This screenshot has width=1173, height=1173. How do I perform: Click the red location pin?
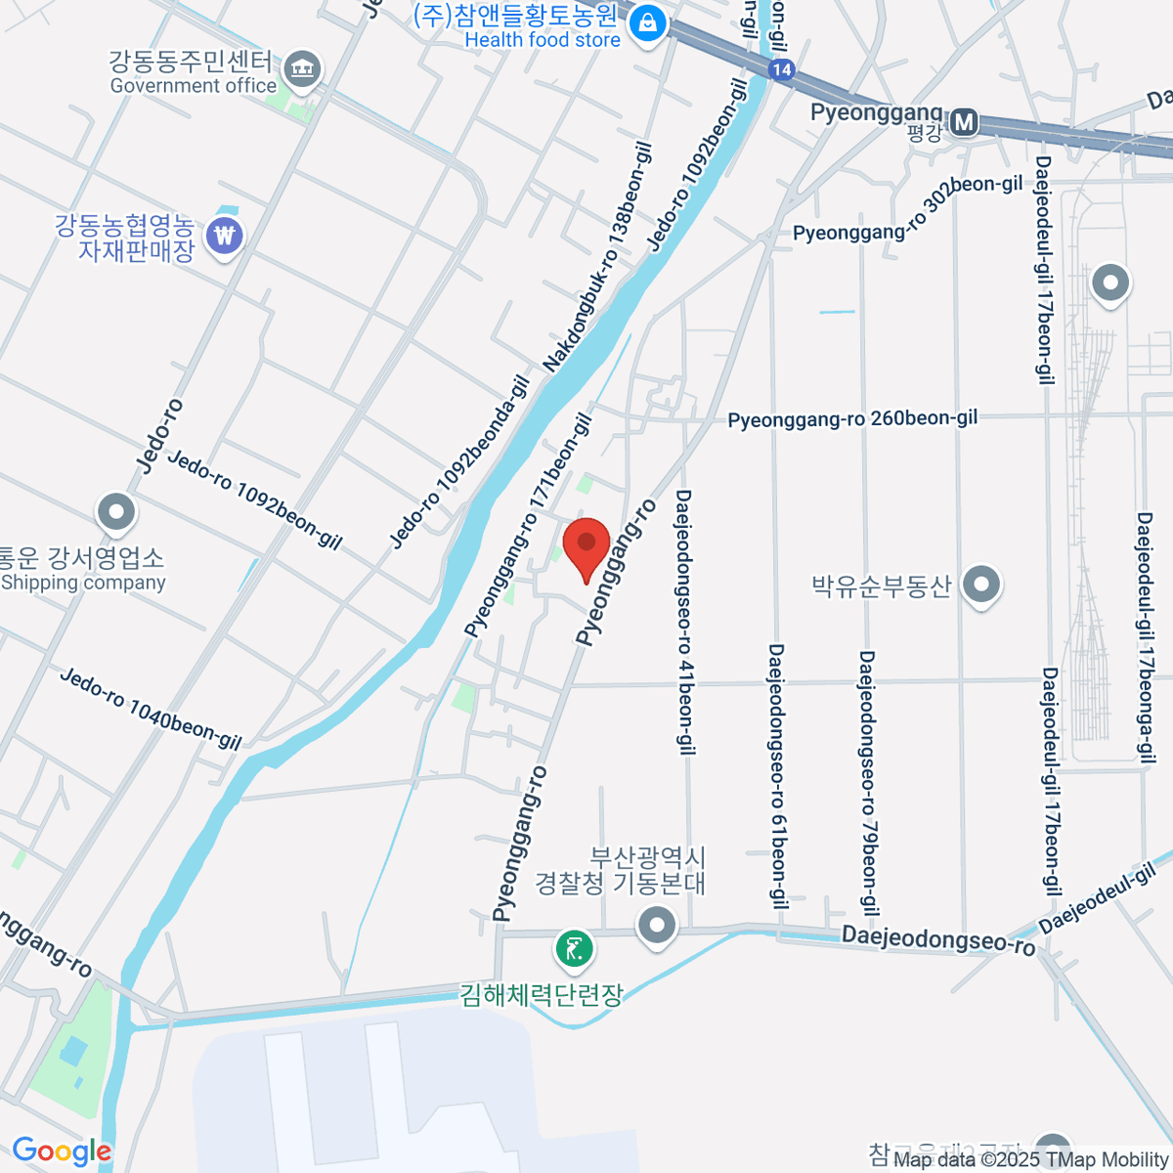586,545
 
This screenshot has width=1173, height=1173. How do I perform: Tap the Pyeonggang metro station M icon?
965,122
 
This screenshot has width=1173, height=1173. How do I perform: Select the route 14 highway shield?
781,69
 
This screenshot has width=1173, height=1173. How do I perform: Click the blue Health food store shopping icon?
646,24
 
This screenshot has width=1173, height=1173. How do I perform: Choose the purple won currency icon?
226,236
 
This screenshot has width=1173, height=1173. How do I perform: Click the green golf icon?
575,947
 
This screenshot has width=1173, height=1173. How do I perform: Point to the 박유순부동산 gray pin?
981,586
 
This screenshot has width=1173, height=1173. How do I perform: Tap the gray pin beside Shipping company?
116,511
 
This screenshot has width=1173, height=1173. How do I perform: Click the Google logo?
62,1151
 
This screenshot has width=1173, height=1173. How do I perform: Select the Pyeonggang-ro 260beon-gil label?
852,419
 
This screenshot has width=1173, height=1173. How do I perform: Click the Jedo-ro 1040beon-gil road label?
151,709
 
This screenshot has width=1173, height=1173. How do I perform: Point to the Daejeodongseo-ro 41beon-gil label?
685,622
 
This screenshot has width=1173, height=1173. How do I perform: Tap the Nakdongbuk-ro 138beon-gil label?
598,258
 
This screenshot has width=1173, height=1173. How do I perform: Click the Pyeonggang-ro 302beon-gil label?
907,209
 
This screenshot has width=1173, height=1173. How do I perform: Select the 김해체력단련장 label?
542,995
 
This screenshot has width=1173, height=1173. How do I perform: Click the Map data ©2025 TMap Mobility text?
1030,1160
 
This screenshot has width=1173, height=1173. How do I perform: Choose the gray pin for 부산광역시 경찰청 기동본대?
656,924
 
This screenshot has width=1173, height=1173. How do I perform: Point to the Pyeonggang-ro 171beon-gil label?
529,526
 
